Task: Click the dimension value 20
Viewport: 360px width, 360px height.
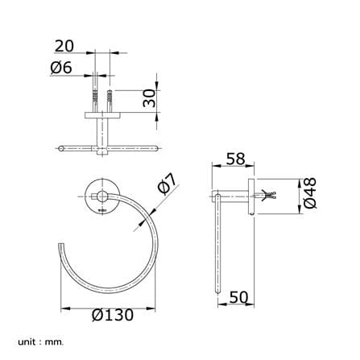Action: pyautogui.click(x=64, y=46)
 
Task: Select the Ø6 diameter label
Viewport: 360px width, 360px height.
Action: pyautogui.click(x=61, y=68)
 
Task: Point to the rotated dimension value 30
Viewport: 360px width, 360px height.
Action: pyautogui.click(x=150, y=98)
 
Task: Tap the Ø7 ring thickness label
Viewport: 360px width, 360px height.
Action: pyautogui.click(x=167, y=184)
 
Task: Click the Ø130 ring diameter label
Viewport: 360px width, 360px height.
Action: pyautogui.click(x=113, y=315)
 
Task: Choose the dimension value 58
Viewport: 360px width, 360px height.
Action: pyautogui.click(x=235, y=159)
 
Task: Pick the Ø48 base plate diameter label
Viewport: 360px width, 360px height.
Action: pyautogui.click(x=310, y=193)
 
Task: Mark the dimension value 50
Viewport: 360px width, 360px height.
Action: pyautogui.click(x=239, y=297)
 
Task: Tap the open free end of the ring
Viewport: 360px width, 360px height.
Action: pyautogui.click(x=61, y=244)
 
